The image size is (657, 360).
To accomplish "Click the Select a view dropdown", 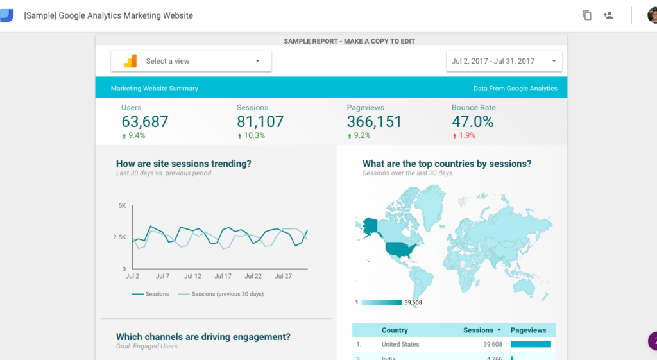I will [x=191, y=61].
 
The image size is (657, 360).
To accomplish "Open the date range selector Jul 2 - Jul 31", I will [x=504, y=61].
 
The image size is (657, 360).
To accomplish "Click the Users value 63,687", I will [x=145, y=121].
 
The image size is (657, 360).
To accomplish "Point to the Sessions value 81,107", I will [x=260, y=121].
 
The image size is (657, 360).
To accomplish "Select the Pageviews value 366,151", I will [x=374, y=121].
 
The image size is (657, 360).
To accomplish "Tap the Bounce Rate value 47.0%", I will [x=473, y=121].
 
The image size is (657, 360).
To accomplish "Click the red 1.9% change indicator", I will [x=466, y=136].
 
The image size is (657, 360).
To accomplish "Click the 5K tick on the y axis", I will [x=122, y=205].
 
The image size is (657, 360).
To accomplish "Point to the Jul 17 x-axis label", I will [x=223, y=276].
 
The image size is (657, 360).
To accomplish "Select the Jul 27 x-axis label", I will [x=284, y=276].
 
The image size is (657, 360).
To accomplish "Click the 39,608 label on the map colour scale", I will [x=413, y=302].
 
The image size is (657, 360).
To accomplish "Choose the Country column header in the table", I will [x=395, y=330].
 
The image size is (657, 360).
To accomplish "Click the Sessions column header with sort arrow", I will [x=482, y=330].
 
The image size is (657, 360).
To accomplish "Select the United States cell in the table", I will [x=400, y=345].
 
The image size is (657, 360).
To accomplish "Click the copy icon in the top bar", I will [x=587, y=15].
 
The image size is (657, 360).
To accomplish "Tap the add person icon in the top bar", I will [x=608, y=15].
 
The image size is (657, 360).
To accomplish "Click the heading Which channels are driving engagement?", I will [x=203, y=336].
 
